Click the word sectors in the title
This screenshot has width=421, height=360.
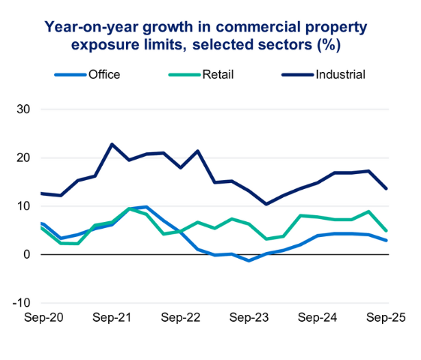pyautogui.click(x=274, y=45)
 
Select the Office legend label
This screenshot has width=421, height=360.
pyautogui.click(x=104, y=74)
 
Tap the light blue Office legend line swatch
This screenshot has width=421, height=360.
pyautogui.click(x=70, y=74)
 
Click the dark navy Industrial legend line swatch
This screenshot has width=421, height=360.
pyautogui.click(x=297, y=74)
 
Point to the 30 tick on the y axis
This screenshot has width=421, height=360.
pyautogui.click(x=23, y=109)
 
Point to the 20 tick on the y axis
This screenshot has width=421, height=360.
pyautogui.click(x=23, y=157)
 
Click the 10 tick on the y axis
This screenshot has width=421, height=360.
pyautogui.click(x=23, y=206)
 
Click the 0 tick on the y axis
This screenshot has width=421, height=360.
pyautogui.click(x=26, y=255)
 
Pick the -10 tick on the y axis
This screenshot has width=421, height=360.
pyautogui.click(x=20, y=303)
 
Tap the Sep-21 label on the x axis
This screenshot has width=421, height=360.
pyautogui.click(x=113, y=317)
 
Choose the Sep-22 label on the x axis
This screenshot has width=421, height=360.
pyautogui.click(x=182, y=317)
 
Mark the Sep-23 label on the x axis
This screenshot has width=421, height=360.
pyautogui.click(x=250, y=317)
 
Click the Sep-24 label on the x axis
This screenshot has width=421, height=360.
pyautogui.click(x=318, y=317)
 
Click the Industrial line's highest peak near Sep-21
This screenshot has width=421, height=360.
pyautogui.click(x=112, y=144)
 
